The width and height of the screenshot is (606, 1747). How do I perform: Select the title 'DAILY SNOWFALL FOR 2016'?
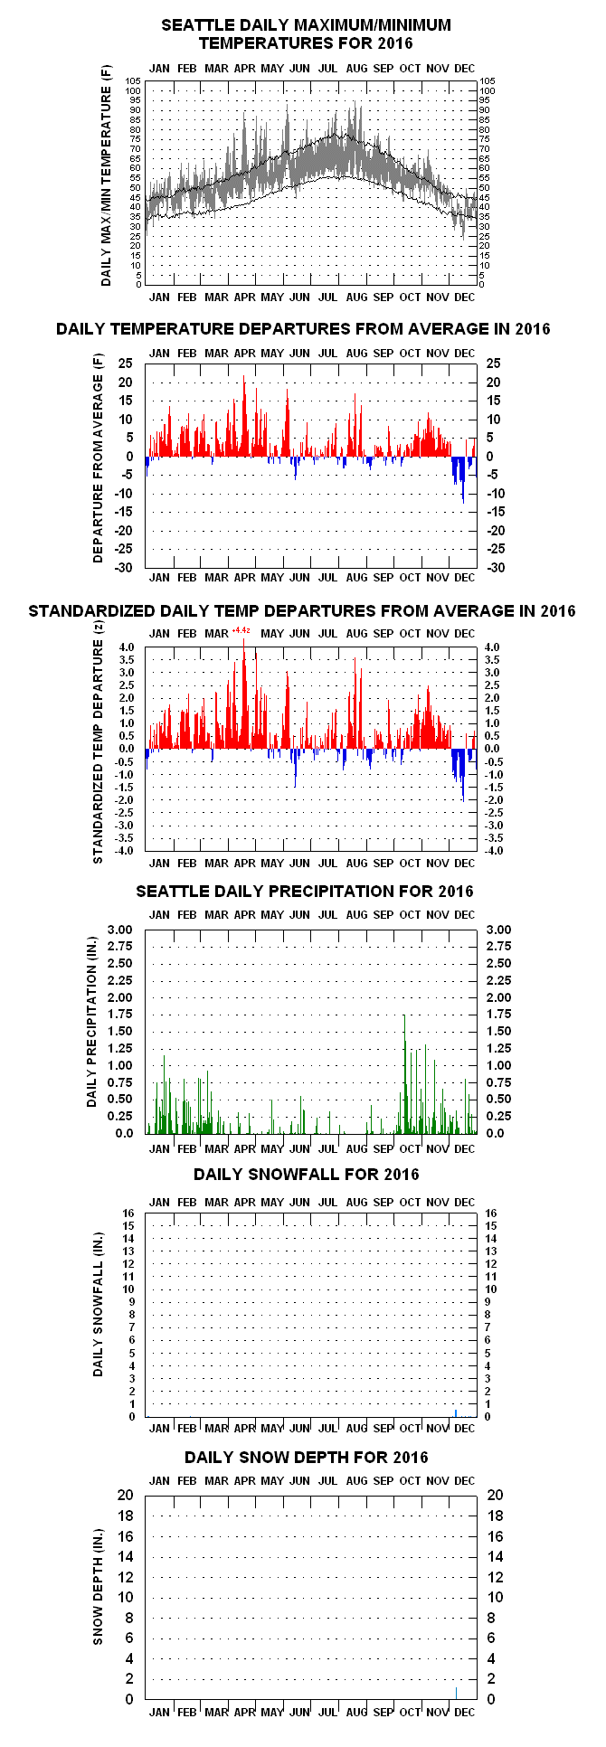pyautogui.click(x=307, y=1174)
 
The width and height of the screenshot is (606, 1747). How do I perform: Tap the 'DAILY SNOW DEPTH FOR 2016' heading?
pyautogui.click(x=307, y=1457)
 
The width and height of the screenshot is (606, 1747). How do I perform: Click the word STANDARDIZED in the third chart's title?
pyautogui.click(x=92, y=611)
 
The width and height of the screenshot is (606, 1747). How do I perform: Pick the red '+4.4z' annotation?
pyautogui.click(x=241, y=630)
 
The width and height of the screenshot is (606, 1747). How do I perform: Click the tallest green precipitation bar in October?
pyautogui.click(x=404, y=1074)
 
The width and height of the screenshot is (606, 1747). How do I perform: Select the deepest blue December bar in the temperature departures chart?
pyautogui.click(x=463, y=480)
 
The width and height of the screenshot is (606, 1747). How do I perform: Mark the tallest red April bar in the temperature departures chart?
pyautogui.click(x=244, y=416)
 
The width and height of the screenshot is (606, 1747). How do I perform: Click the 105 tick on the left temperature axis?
pyautogui.click(x=133, y=81)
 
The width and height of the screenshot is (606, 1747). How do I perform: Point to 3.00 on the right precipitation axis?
pyautogui.click(x=498, y=930)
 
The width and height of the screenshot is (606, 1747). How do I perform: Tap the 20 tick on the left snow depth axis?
pyautogui.click(x=126, y=1496)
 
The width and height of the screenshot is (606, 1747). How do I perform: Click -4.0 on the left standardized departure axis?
pyautogui.click(x=126, y=851)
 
